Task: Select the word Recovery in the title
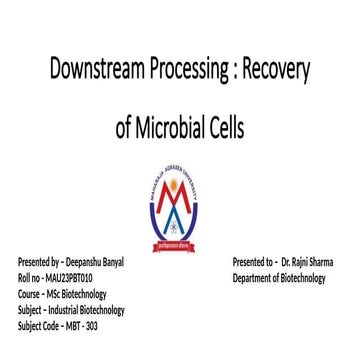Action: pos(280,73)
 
